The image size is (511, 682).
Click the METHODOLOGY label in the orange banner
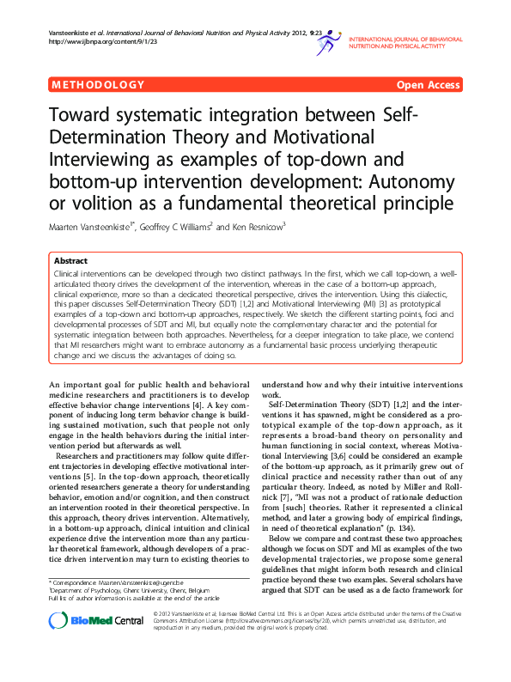(98, 85)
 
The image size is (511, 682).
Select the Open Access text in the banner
(428, 85)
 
